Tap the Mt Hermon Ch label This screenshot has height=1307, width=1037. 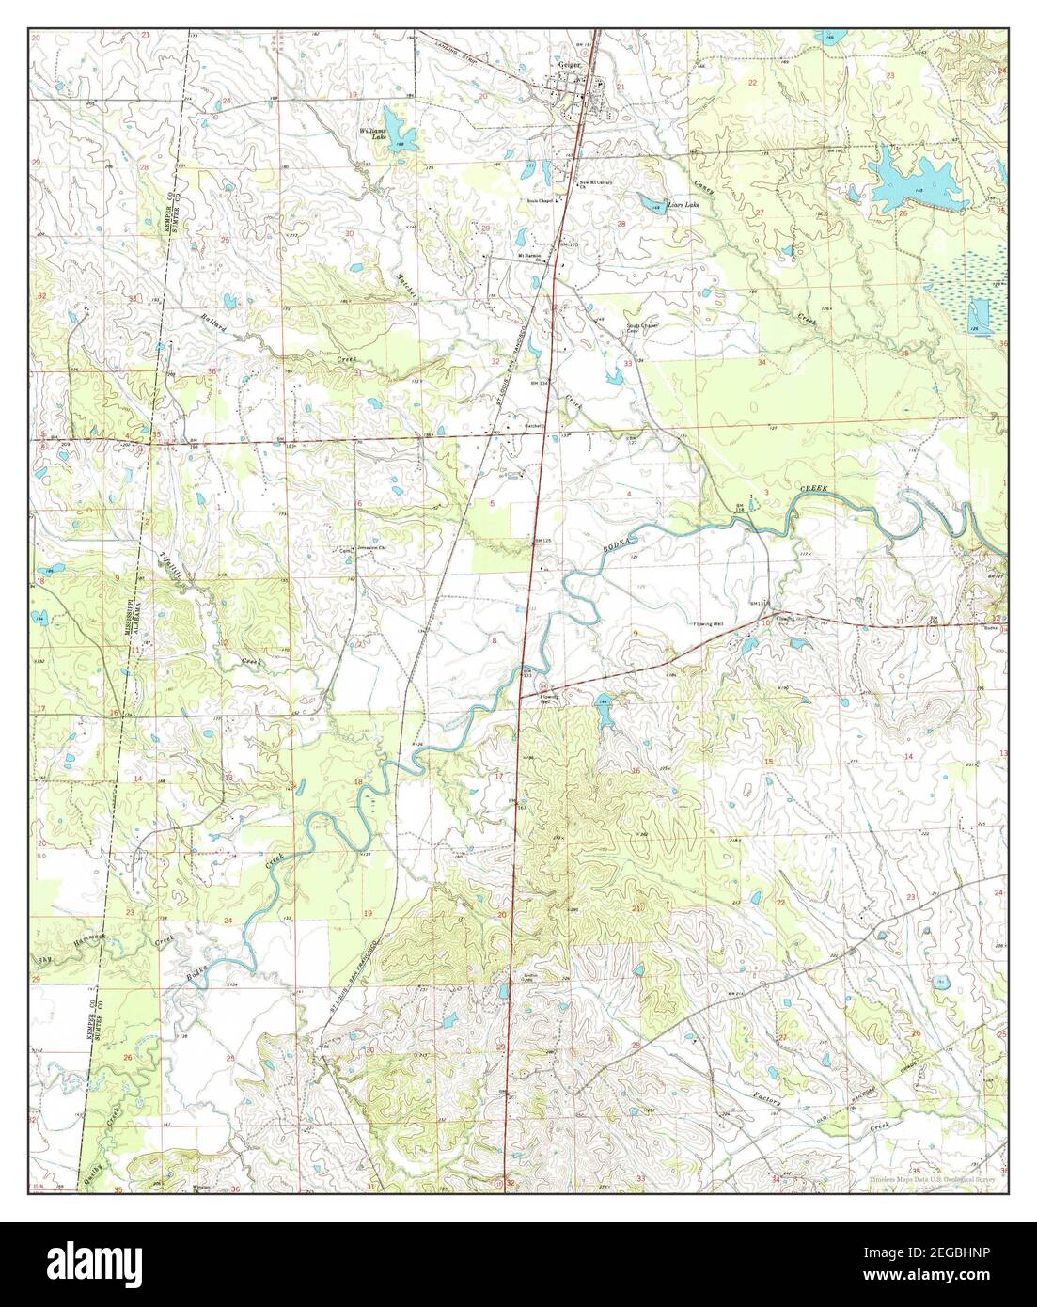pyautogui.click(x=531, y=255)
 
